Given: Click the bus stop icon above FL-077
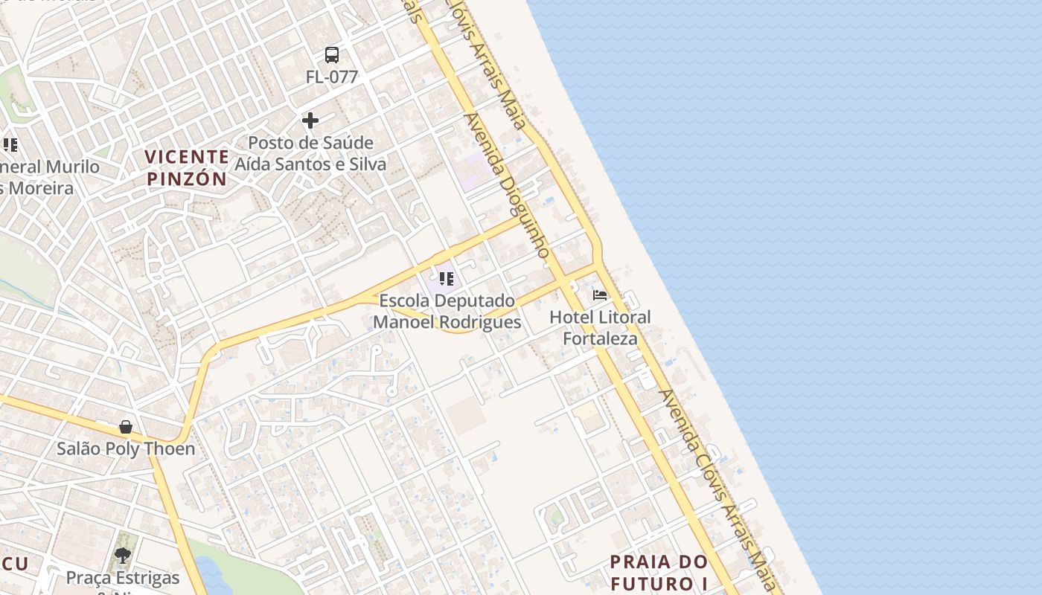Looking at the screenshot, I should pyautogui.click(x=332, y=54).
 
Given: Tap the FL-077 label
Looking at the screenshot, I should pyautogui.click(x=332, y=77).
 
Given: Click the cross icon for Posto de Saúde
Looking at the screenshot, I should pyautogui.click(x=310, y=120).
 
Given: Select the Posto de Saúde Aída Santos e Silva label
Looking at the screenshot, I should pyautogui.click(x=311, y=153).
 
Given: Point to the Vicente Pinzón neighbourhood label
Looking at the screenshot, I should pyautogui.click(x=187, y=167).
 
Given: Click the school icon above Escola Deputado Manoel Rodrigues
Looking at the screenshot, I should pyautogui.click(x=446, y=279).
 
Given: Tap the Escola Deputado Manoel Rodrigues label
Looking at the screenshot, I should pyautogui.click(x=447, y=312).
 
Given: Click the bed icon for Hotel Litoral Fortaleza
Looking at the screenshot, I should pyautogui.click(x=600, y=295).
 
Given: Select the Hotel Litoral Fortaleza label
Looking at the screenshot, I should pyautogui.click(x=600, y=327).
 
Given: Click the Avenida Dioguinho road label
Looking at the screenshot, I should pyautogui.click(x=506, y=186).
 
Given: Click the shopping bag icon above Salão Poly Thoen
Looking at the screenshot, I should pyautogui.click(x=126, y=427).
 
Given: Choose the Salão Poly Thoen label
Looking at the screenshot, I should pyautogui.click(x=126, y=448).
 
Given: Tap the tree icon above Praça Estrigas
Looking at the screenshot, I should pyautogui.click(x=123, y=556).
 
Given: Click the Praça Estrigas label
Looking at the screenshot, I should pyautogui.click(x=123, y=578).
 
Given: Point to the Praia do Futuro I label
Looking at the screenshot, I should pyautogui.click(x=659, y=571).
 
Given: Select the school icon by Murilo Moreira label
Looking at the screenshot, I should pyautogui.click(x=9, y=144).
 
